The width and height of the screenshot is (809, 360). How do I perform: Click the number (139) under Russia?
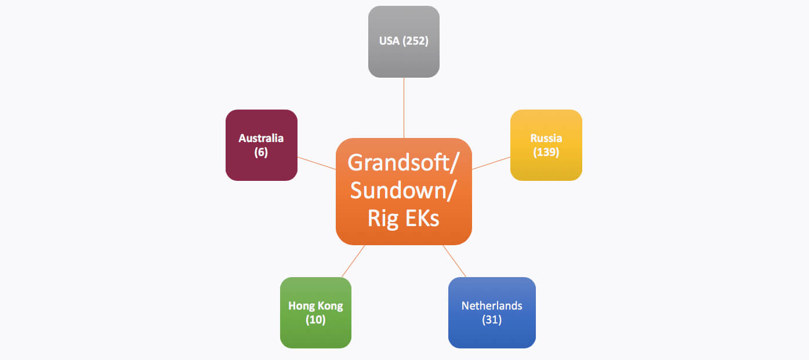[x=546, y=152]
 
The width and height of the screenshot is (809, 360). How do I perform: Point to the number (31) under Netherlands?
[x=492, y=319]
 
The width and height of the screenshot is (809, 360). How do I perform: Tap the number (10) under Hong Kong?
[x=315, y=319]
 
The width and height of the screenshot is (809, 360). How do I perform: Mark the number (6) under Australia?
[x=261, y=152]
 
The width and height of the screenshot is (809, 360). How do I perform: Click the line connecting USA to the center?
[x=404, y=108]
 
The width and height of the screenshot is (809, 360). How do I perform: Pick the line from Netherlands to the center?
[x=455, y=261]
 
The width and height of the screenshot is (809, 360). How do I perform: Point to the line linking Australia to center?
[x=317, y=163]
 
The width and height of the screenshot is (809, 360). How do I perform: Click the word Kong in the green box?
[x=329, y=306]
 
